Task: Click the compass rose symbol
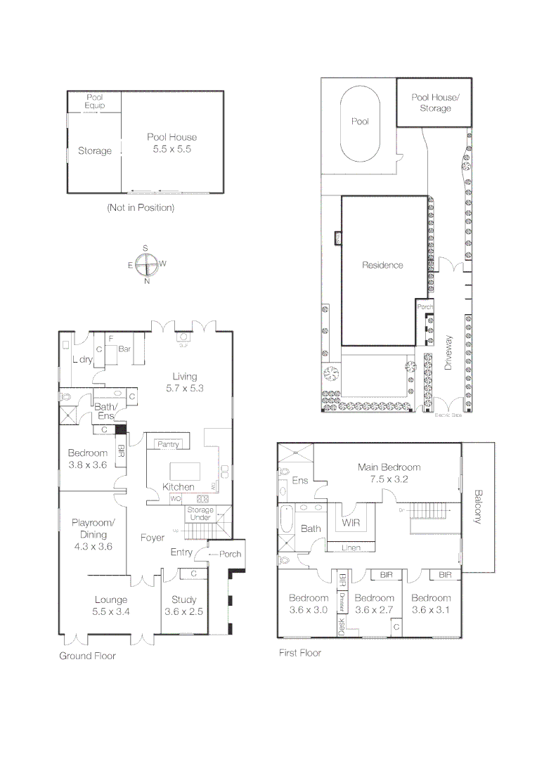click(x=146, y=265)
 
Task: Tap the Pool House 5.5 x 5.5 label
click(x=172, y=143)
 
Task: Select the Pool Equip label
click(x=95, y=101)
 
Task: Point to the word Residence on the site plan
click(x=382, y=265)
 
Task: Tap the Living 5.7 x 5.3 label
click(x=184, y=382)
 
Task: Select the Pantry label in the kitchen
click(x=169, y=444)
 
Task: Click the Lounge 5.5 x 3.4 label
click(x=111, y=606)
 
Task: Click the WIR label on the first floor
click(x=351, y=523)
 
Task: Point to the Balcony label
click(x=478, y=506)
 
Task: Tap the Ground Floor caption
click(x=87, y=656)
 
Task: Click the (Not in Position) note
click(x=141, y=208)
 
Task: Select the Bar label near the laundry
click(x=125, y=349)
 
